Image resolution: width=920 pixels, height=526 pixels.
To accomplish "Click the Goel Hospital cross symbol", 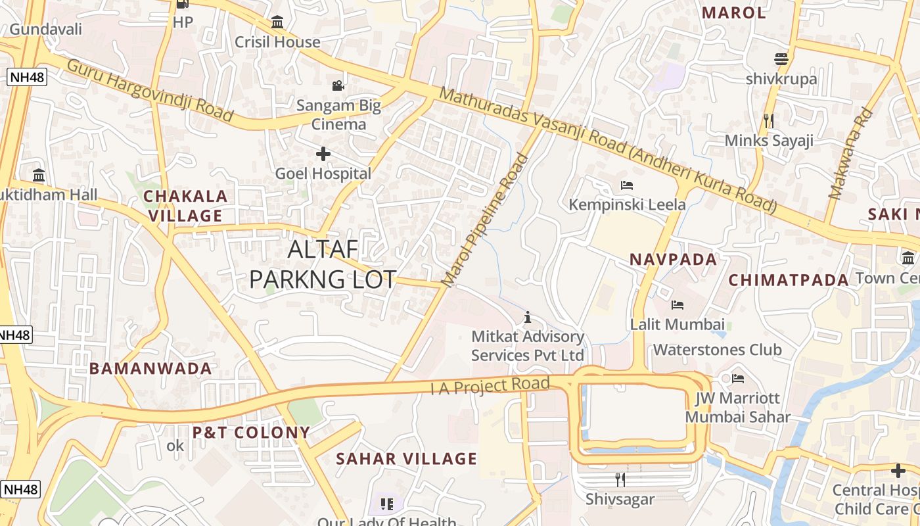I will tap(323, 155).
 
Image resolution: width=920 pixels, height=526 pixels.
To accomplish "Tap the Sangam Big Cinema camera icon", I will tap(338, 86).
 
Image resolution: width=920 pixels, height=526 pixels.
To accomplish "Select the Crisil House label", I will tap(278, 42).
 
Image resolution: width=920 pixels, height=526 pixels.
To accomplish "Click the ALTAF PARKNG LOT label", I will tap(323, 264).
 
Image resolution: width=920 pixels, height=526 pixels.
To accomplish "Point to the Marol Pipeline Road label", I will tap(485, 220).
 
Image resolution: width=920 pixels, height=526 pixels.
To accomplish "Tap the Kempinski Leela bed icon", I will tap(626, 185).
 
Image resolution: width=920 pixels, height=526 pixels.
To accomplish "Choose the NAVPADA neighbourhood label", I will tap(674, 259).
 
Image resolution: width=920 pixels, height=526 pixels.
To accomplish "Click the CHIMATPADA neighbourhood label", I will tap(789, 280).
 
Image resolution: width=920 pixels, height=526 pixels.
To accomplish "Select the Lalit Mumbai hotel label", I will tap(678, 324).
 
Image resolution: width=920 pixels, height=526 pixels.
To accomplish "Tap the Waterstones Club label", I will tap(717, 349).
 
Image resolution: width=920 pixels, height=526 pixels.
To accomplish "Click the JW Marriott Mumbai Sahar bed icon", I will tap(738, 379).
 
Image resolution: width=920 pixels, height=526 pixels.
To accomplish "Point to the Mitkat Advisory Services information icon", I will tap(527, 318).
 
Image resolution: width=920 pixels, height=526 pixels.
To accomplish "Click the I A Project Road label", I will tap(490, 385).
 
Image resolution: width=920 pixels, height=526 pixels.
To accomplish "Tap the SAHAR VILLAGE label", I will tap(406, 459).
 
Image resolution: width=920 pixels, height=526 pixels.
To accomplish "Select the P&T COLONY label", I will tap(250, 433).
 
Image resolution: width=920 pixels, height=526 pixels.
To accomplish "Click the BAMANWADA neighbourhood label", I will tap(150, 369).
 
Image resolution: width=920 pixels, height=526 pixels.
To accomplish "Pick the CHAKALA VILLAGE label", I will tap(185, 206).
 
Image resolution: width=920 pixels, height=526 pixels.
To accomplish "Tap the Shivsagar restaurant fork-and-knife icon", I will tap(620, 479).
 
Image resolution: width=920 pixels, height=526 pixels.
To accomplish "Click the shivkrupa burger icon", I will tap(781, 59).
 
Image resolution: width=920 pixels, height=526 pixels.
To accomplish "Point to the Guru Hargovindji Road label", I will tap(150, 91).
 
